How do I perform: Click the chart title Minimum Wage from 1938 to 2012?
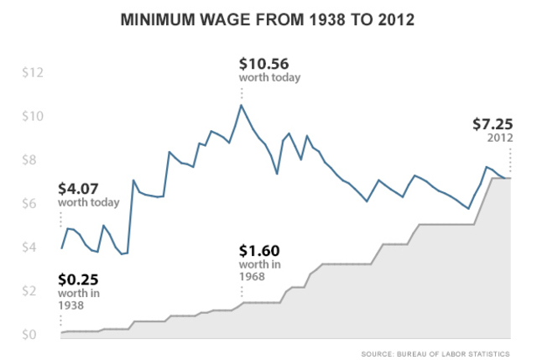click(x=268, y=18)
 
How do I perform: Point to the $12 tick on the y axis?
click(x=31, y=73)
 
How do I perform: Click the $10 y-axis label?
click(x=31, y=117)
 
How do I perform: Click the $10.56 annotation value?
click(x=268, y=63)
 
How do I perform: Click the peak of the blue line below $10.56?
click(x=242, y=105)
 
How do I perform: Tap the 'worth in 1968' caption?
click(x=259, y=270)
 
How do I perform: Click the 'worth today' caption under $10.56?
click(x=269, y=78)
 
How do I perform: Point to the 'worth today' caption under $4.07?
click(x=88, y=202)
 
